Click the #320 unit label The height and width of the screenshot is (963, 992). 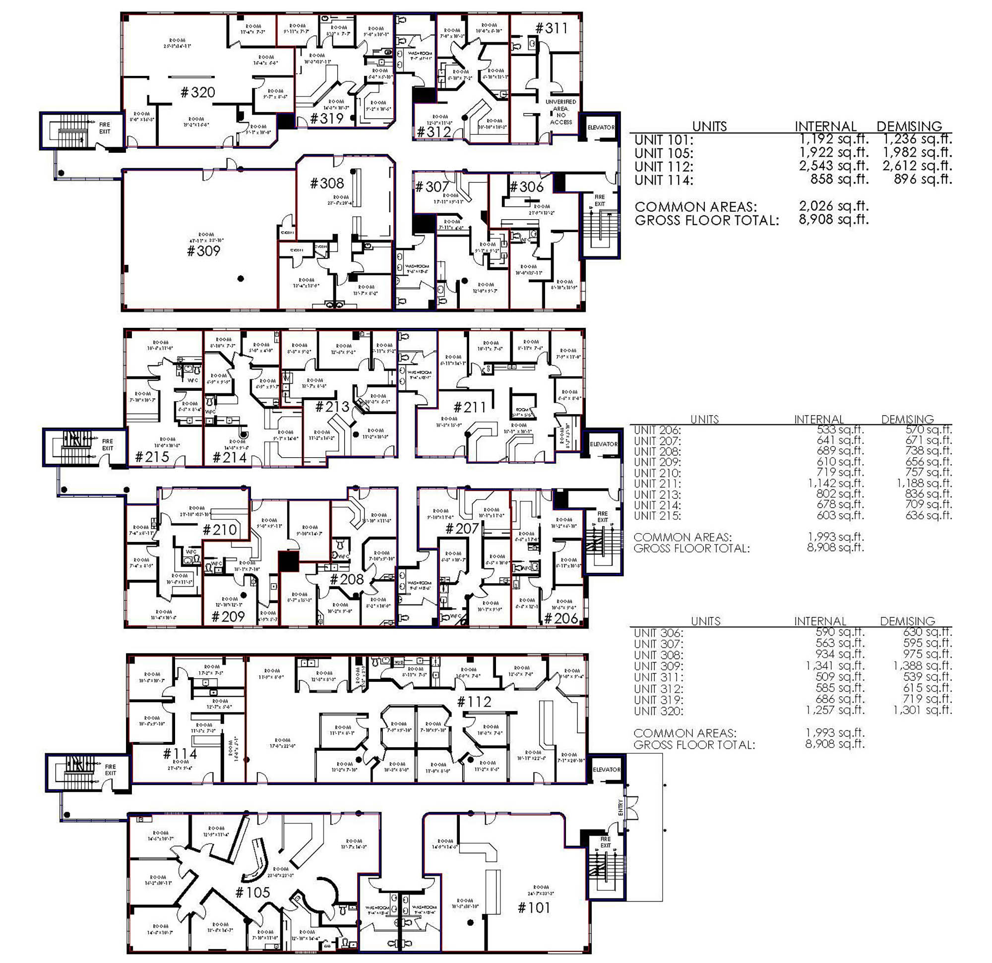click(x=198, y=92)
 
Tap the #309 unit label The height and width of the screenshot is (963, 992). click(x=203, y=251)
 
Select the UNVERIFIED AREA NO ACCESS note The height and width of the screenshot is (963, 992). click(x=561, y=112)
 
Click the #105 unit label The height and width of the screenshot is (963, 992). click(x=252, y=892)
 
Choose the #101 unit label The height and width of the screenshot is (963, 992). click(x=534, y=907)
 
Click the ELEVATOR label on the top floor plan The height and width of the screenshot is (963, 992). click(x=601, y=127)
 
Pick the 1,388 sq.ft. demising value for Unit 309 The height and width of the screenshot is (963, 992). click(x=922, y=666)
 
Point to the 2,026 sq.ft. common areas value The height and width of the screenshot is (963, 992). click(x=833, y=206)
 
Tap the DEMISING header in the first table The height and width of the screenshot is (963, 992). click(x=909, y=126)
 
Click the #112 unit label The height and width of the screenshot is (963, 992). click(x=474, y=701)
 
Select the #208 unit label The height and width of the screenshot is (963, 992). click(x=346, y=579)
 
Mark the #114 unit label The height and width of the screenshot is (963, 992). click(x=180, y=754)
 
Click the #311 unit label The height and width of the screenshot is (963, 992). click(x=551, y=28)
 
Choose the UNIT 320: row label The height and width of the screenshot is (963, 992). click(x=658, y=711)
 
